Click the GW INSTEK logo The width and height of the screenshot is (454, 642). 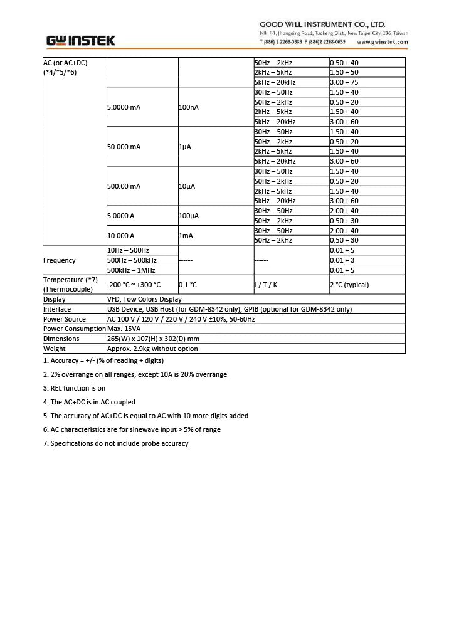pos(81,41)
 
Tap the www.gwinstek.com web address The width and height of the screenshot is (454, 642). pos(382,42)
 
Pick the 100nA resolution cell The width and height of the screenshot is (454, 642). pos(189,107)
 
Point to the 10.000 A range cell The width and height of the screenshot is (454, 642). pos(121,236)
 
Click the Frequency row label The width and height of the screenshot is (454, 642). pos(60,260)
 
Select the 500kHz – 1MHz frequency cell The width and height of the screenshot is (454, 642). pos(131,270)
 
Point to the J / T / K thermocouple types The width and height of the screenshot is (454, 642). pos(265,285)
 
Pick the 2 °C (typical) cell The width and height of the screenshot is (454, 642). pos(349,285)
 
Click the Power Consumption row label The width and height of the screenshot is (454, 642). pos(74,329)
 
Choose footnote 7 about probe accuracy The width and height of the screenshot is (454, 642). pos(115,443)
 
